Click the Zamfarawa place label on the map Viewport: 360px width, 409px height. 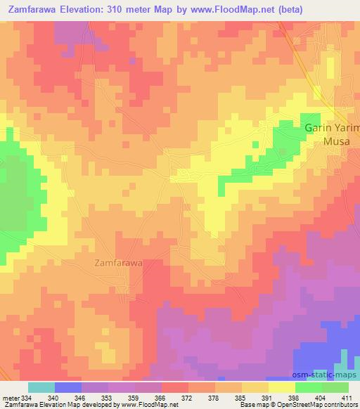(x=118, y=263)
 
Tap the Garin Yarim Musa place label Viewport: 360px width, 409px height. (x=332, y=134)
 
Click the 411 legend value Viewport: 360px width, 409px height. (x=347, y=398)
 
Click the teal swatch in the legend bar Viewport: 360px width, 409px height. (x=41, y=387)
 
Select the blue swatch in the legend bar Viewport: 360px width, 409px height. (x=68, y=387)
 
